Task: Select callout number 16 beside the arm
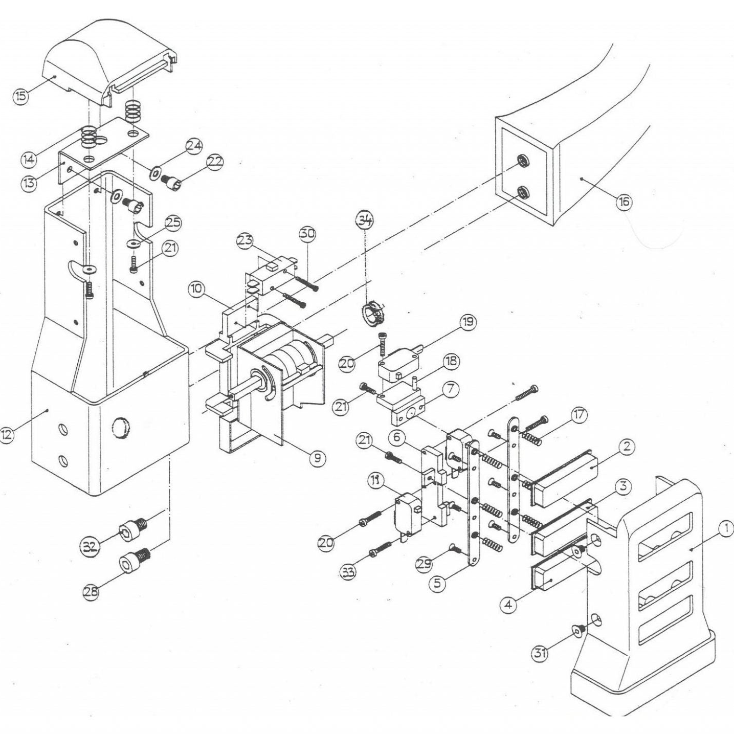point(623,202)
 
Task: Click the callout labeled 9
point(317,458)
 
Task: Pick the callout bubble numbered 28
point(92,592)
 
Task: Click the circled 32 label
point(91,547)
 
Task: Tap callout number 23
point(246,240)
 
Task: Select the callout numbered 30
point(307,234)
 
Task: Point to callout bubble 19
point(467,322)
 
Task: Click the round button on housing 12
point(121,428)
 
